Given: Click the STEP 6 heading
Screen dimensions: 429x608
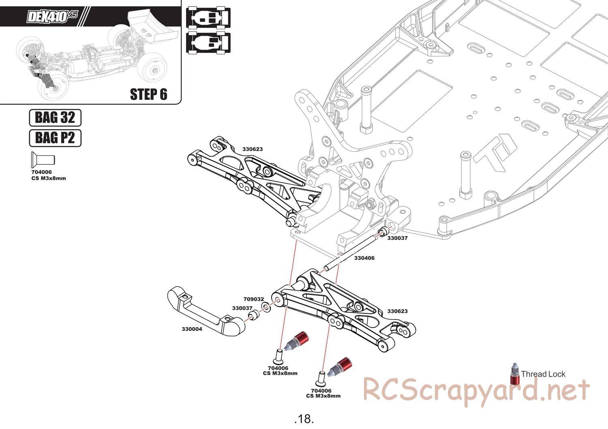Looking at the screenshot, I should click(x=148, y=94).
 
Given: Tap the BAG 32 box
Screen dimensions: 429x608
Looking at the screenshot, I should click(x=55, y=118).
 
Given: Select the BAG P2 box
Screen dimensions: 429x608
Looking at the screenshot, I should click(x=55, y=138).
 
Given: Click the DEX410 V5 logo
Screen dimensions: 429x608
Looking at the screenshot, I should click(x=52, y=16).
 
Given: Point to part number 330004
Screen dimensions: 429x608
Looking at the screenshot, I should click(x=192, y=329).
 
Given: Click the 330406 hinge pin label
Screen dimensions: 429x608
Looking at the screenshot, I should click(x=364, y=258).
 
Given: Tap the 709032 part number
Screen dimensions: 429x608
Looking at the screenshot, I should click(x=254, y=299).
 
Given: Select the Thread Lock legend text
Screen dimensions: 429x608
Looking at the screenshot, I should click(x=543, y=374).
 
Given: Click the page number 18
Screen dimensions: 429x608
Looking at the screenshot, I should click(x=304, y=418).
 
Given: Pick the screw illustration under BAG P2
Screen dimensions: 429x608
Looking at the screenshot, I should click(x=43, y=160).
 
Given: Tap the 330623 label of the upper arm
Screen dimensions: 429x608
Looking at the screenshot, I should click(x=253, y=149).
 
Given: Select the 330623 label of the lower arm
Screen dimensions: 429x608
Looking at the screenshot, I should click(x=397, y=311).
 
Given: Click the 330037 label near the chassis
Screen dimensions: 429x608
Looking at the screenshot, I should click(x=397, y=238).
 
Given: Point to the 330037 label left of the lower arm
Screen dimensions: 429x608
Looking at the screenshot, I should click(x=242, y=308).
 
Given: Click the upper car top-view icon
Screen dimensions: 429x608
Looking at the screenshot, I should click(x=208, y=17).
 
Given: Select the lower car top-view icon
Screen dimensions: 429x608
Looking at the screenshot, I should click(x=208, y=43).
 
